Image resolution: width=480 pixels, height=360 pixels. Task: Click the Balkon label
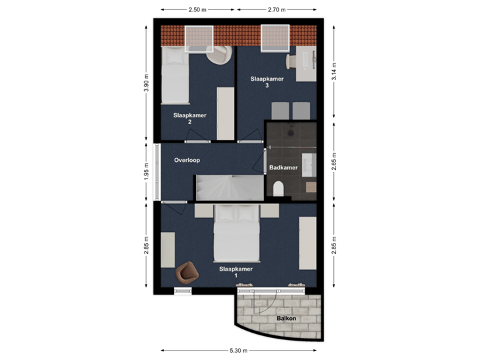287,319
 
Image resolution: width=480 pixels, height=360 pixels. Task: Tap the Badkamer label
283,167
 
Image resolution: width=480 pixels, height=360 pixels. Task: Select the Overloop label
187,160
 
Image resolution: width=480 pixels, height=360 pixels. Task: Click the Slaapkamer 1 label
236,272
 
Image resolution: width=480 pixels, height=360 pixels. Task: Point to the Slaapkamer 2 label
190,119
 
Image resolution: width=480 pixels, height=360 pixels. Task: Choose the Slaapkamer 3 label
267,82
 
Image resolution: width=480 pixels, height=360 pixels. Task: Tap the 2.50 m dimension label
196,10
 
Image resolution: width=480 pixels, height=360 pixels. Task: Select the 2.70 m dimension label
276,10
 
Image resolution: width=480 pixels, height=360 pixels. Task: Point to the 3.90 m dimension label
145,83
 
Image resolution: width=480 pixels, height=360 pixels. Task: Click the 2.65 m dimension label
334,161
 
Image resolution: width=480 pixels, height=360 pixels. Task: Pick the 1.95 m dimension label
145,173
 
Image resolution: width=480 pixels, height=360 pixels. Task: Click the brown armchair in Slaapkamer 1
187,271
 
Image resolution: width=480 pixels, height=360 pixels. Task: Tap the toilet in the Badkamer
279,188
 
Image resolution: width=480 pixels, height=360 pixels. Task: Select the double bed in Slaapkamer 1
236,233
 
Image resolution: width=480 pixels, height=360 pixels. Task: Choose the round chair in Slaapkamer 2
220,57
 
